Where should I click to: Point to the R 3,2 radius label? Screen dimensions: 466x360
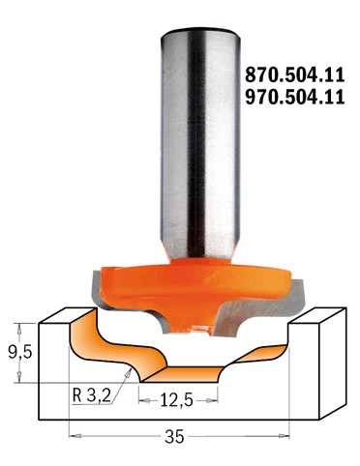point(92,394)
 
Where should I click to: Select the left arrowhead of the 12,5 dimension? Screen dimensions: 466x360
point(143,395)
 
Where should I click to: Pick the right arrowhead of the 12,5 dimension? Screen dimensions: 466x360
point(224,395)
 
